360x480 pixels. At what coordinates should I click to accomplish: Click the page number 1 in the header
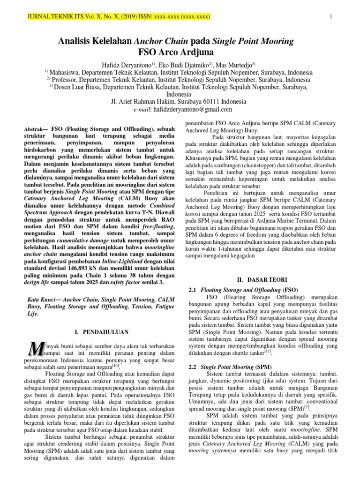[331, 17]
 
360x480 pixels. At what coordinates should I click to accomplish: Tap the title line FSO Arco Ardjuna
[176, 52]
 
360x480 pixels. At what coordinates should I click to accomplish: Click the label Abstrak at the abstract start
[33, 128]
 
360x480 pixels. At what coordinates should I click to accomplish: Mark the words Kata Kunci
[38, 298]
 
